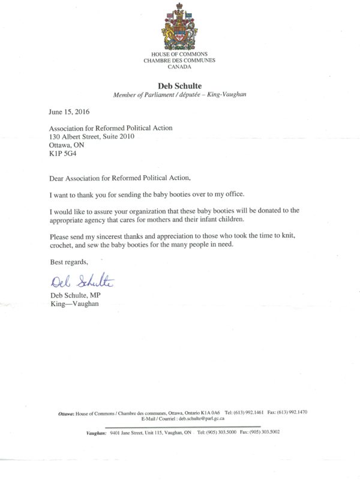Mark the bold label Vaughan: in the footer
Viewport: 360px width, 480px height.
click(96, 432)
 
